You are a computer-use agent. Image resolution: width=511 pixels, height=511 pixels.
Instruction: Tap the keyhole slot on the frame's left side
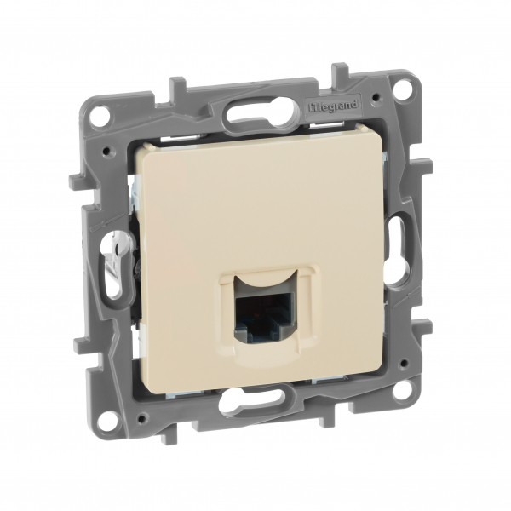[109, 260]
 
